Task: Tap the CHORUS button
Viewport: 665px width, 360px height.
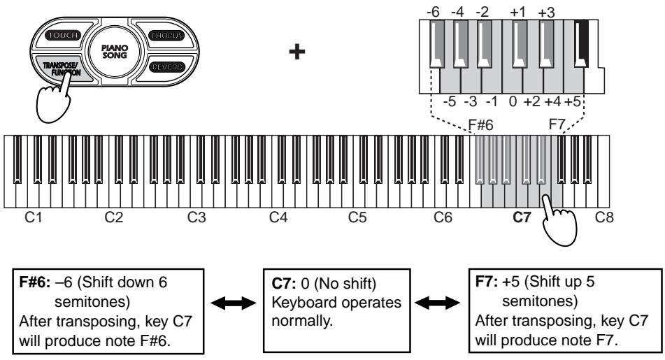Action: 165,34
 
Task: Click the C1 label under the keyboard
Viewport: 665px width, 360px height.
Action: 32,218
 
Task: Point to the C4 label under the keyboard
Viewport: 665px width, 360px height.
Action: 278,218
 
